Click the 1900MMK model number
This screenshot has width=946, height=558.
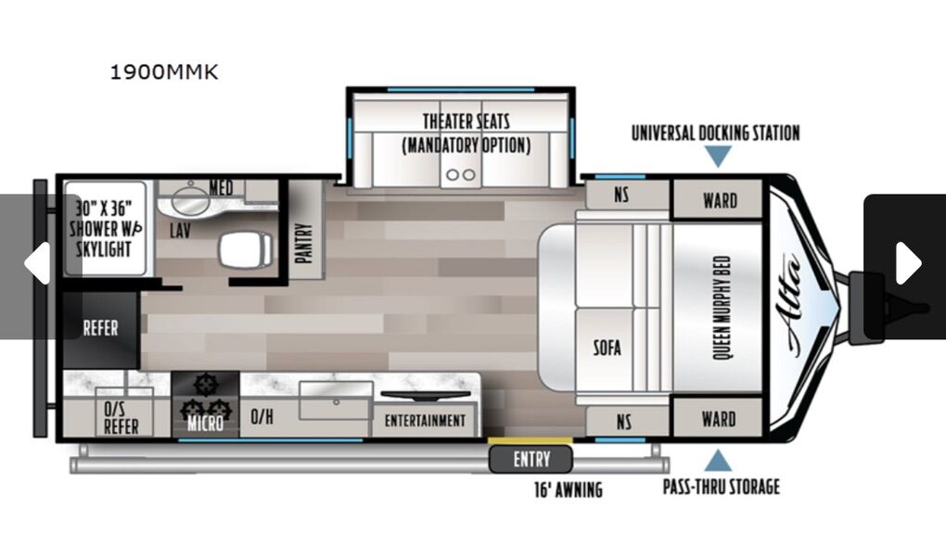(163, 71)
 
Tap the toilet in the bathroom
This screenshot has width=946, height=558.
(245, 250)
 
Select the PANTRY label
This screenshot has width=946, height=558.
(305, 243)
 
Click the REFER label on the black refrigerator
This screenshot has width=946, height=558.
(101, 328)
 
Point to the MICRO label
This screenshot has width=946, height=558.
(205, 424)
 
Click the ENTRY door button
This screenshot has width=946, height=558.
(531, 459)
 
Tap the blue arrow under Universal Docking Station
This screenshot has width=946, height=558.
(718, 157)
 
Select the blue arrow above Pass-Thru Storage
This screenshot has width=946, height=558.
(718, 461)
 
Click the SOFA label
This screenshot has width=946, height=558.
(607, 349)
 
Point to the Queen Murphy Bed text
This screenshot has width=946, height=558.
(722, 308)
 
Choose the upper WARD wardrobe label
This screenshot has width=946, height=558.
(720, 200)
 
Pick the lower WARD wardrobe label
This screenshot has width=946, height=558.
(719, 419)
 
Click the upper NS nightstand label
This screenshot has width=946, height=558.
(621, 195)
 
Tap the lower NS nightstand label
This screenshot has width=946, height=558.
(624, 422)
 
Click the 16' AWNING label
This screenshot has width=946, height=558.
(569, 489)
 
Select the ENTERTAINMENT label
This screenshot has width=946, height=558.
(425, 421)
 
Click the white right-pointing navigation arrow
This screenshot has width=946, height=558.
(907, 263)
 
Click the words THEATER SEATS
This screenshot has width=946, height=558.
(466, 121)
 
